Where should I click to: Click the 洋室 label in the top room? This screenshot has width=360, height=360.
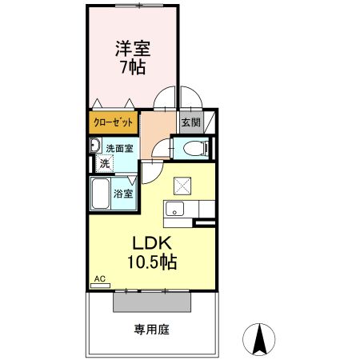(x=133, y=48)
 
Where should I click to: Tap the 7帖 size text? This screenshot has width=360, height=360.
(x=133, y=67)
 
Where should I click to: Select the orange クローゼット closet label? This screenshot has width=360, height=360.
(x=114, y=122)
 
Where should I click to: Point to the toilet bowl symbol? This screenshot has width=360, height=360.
(x=193, y=148)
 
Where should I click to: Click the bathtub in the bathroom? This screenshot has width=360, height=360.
(x=101, y=193)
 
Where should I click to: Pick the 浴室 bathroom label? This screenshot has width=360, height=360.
(x=123, y=194)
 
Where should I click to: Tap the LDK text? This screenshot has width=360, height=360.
(x=149, y=242)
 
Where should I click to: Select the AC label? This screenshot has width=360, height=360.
(x=100, y=278)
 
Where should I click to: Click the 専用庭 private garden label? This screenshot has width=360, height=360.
(x=152, y=329)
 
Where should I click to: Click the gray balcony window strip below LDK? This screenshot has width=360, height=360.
(x=152, y=302)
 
